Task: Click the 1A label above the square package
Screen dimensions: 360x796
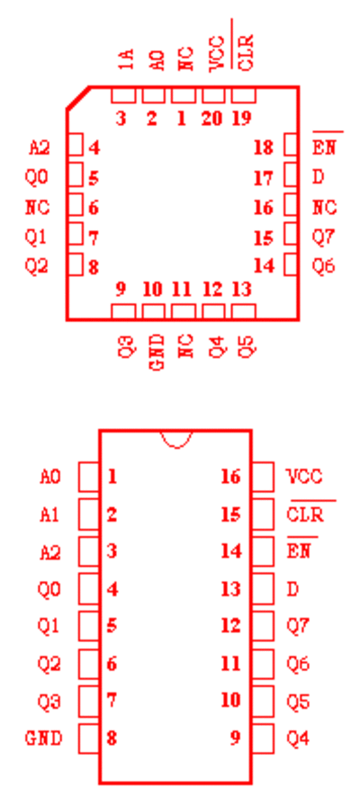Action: (128, 59)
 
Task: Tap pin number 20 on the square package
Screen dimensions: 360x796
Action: (211, 119)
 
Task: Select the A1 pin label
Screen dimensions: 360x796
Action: (49, 514)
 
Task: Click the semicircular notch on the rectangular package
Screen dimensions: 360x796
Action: (176, 441)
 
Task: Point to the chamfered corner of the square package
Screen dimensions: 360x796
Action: (77, 97)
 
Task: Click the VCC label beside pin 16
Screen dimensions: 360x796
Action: (304, 477)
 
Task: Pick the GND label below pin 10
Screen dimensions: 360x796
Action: (157, 352)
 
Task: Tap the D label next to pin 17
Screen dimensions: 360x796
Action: (319, 177)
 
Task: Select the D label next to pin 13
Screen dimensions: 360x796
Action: (293, 589)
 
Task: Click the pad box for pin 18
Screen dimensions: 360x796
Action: (291, 145)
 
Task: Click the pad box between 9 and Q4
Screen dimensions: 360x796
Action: (263, 738)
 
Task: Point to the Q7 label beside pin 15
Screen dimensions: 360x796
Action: (323, 238)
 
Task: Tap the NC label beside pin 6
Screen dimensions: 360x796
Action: (38, 207)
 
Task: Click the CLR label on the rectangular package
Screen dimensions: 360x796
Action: (305, 514)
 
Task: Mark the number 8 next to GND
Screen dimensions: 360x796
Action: (112, 738)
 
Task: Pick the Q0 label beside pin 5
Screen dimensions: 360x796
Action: (37, 177)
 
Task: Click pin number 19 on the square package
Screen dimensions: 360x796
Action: (242, 119)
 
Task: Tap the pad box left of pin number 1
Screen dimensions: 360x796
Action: (89, 477)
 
